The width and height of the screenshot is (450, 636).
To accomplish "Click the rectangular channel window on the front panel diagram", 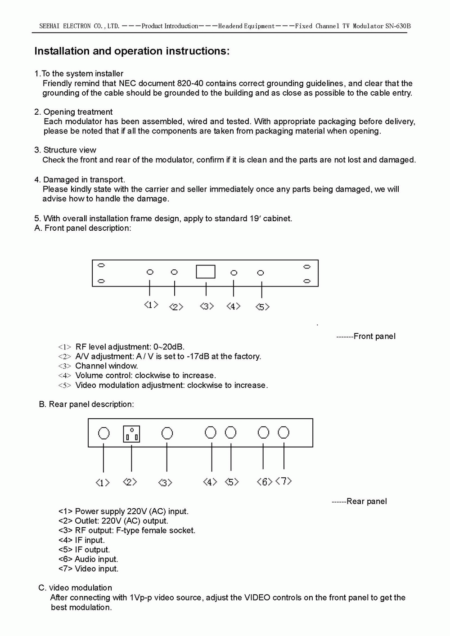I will pos(206,272).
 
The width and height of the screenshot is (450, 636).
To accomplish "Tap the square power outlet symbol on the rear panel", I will pos(131,434).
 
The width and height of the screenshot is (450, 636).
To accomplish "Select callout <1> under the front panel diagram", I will pos(151,305).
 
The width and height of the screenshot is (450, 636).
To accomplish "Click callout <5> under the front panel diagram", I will pos(262,307).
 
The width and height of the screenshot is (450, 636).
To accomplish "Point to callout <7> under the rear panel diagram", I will pos(283,481).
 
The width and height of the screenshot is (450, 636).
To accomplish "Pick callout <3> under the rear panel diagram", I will pos(165,483).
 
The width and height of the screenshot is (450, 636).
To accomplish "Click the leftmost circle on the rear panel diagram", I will pos(103,433).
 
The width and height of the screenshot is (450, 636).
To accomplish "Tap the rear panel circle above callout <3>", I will pos(167,433).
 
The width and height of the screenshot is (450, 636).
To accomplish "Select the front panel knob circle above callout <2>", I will pos(174,272).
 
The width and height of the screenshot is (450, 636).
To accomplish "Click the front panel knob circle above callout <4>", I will pos(234,273).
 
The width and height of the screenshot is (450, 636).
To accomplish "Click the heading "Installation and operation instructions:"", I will pos(132,51).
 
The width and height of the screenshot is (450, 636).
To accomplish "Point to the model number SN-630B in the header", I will pos(398,26).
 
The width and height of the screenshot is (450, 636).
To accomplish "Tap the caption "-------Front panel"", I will pos(366,336).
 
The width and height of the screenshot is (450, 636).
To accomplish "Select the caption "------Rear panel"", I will pos(359,501).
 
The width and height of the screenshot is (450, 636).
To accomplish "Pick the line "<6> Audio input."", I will pos(88,559).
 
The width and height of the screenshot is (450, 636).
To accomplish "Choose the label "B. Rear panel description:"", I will pos(86,404).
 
